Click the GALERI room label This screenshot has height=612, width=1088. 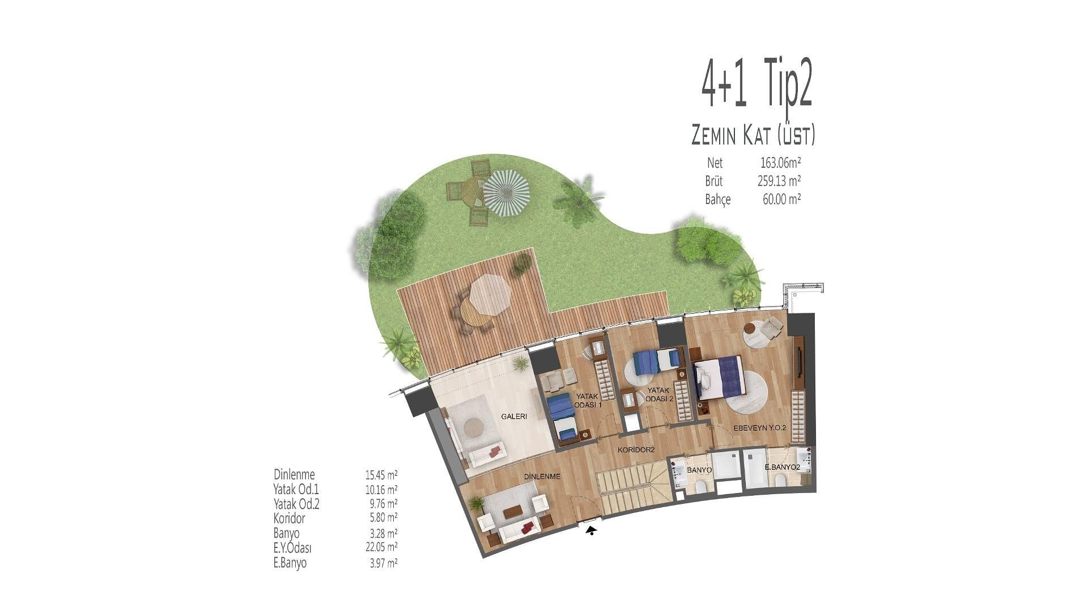click(x=514, y=416)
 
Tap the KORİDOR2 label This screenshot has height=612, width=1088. click(x=636, y=450)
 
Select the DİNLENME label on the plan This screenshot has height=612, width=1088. click(x=542, y=477)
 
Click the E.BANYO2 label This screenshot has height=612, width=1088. click(x=782, y=467)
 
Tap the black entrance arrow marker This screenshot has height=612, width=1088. click(x=591, y=530)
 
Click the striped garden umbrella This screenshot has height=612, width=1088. click(x=505, y=194)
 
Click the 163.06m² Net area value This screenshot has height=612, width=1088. click(x=780, y=163)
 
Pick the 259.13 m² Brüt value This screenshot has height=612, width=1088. click(x=779, y=181)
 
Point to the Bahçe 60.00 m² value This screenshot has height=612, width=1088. click(x=781, y=199)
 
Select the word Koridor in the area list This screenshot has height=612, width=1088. click(x=289, y=518)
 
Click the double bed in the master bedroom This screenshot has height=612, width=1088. click(x=717, y=377)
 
